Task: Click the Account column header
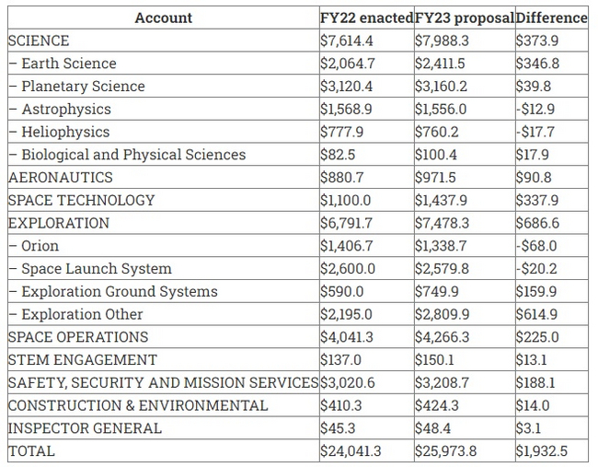[x=163, y=18]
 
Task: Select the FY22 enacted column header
[x=365, y=18]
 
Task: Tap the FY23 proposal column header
[x=463, y=18]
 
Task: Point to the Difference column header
[x=551, y=18]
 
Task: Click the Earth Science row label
[x=68, y=64]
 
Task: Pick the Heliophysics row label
[x=64, y=132]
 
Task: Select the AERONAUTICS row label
[x=60, y=178]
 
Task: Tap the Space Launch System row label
[x=96, y=269]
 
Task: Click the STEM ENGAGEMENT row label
[x=82, y=360]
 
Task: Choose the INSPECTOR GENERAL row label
[x=85, y=428]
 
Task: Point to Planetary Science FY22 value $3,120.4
[x=346, y=87]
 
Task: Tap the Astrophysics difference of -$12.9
[x=535, y=109]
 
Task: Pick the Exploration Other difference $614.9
[x=536, y=314]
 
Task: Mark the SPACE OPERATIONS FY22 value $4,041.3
[x=347, y=337]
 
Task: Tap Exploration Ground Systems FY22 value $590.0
[x=342, y=291]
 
